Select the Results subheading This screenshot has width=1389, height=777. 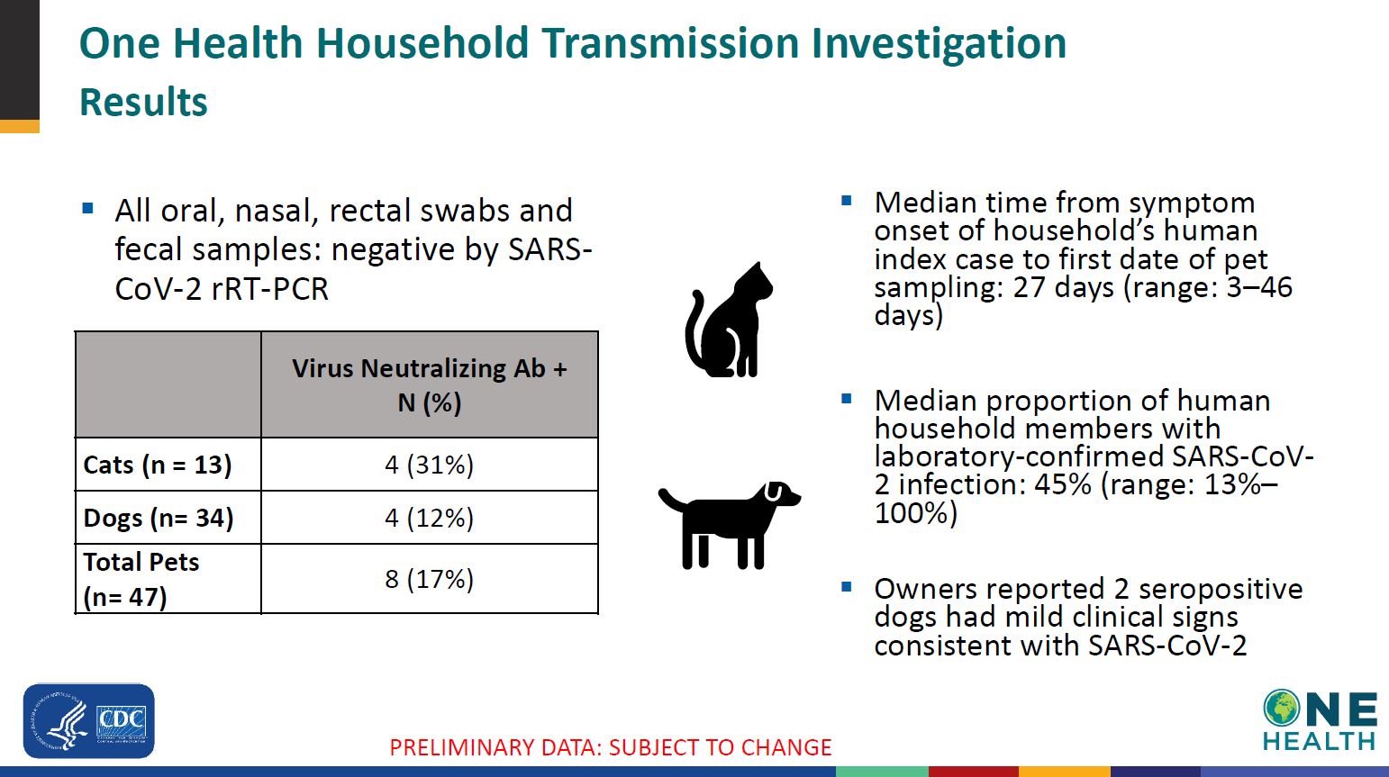pyautogui.click(x=143, y=102)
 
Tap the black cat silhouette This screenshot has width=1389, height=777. pyautogui.click(x=729, y=320)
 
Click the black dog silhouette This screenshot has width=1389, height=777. pyautogui.click(x=730, y=525)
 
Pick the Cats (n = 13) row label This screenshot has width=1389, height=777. pyautogui.click(x=158, y=465)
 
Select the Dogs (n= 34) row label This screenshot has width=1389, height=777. pyautogui.click(x=159, y=518)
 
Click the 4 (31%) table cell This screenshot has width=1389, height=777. pyautogui.click(x=429, y=465)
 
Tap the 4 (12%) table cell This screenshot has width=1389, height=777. pyautogui.click(x=429, y=518)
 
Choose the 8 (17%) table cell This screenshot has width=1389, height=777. pyautogui.click(x=429, y=579)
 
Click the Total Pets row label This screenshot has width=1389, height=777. pyautogui.click(x=141, y=579)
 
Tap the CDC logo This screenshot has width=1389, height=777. pyautogui.click(x=88, y=720)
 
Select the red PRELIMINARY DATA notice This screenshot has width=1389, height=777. pyautogui.click(x=610, y=747)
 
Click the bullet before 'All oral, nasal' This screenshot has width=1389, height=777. pyautogui.click(x=87, y=208)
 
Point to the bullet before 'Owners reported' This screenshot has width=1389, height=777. pyautogui.click(x=847, y=586)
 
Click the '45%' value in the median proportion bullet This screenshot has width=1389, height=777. pyautogui.click(x=1063, y=483)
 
